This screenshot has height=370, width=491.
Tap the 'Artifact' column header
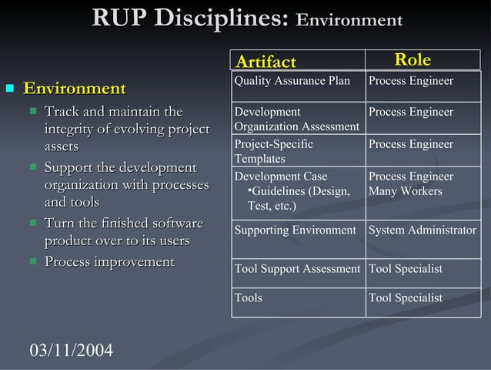click(x=266, y=61)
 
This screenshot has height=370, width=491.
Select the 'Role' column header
click(x=413, y=60)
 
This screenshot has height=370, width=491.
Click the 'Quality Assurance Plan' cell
click(x=292, y=81)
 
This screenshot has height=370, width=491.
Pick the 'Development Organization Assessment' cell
click(x=296, y=119)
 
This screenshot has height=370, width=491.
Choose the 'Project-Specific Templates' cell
click(x=274, y=151)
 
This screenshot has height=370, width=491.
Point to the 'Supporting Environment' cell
click(x=296, y=230)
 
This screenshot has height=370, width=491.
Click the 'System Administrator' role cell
click(x=423, y=230)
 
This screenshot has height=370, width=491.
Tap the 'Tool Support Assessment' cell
click(x=297, y=269)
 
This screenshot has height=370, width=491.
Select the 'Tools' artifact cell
click(x=249, y=298)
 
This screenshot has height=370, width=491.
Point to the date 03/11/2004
click(x=71, y=351)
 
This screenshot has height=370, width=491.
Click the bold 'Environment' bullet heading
click(x=75, y=89)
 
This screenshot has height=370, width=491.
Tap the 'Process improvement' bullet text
click(x=109, y=262)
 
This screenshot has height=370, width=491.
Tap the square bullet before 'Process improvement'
click(x=32, y=262)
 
